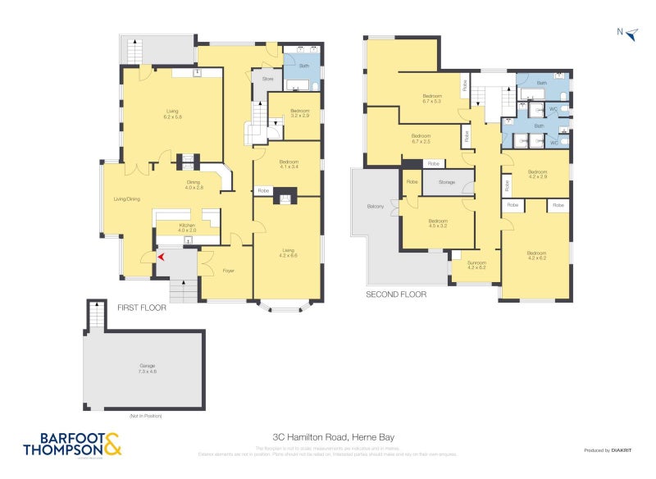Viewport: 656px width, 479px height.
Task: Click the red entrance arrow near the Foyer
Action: [162, 258]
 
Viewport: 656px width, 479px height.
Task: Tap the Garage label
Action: [148, 368]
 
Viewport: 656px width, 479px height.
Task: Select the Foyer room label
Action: [229, 270]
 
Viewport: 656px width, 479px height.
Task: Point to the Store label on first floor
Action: [267, 79]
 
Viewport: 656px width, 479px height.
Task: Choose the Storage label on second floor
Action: [446, 182]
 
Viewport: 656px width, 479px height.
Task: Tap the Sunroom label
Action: [476, 266]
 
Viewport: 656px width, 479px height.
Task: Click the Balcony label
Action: [376, 206]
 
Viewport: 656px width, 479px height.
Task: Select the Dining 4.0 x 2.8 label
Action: [194, 185]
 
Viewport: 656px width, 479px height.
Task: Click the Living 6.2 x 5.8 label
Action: [172, 114]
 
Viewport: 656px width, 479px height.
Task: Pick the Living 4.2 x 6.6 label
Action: [289, 253]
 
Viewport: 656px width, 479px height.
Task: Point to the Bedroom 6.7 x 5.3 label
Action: [431, 98]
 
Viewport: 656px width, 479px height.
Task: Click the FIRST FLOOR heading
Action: [142, 308]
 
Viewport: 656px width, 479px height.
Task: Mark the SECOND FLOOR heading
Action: [396, 294]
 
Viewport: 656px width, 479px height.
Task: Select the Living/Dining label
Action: [126, 198]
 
